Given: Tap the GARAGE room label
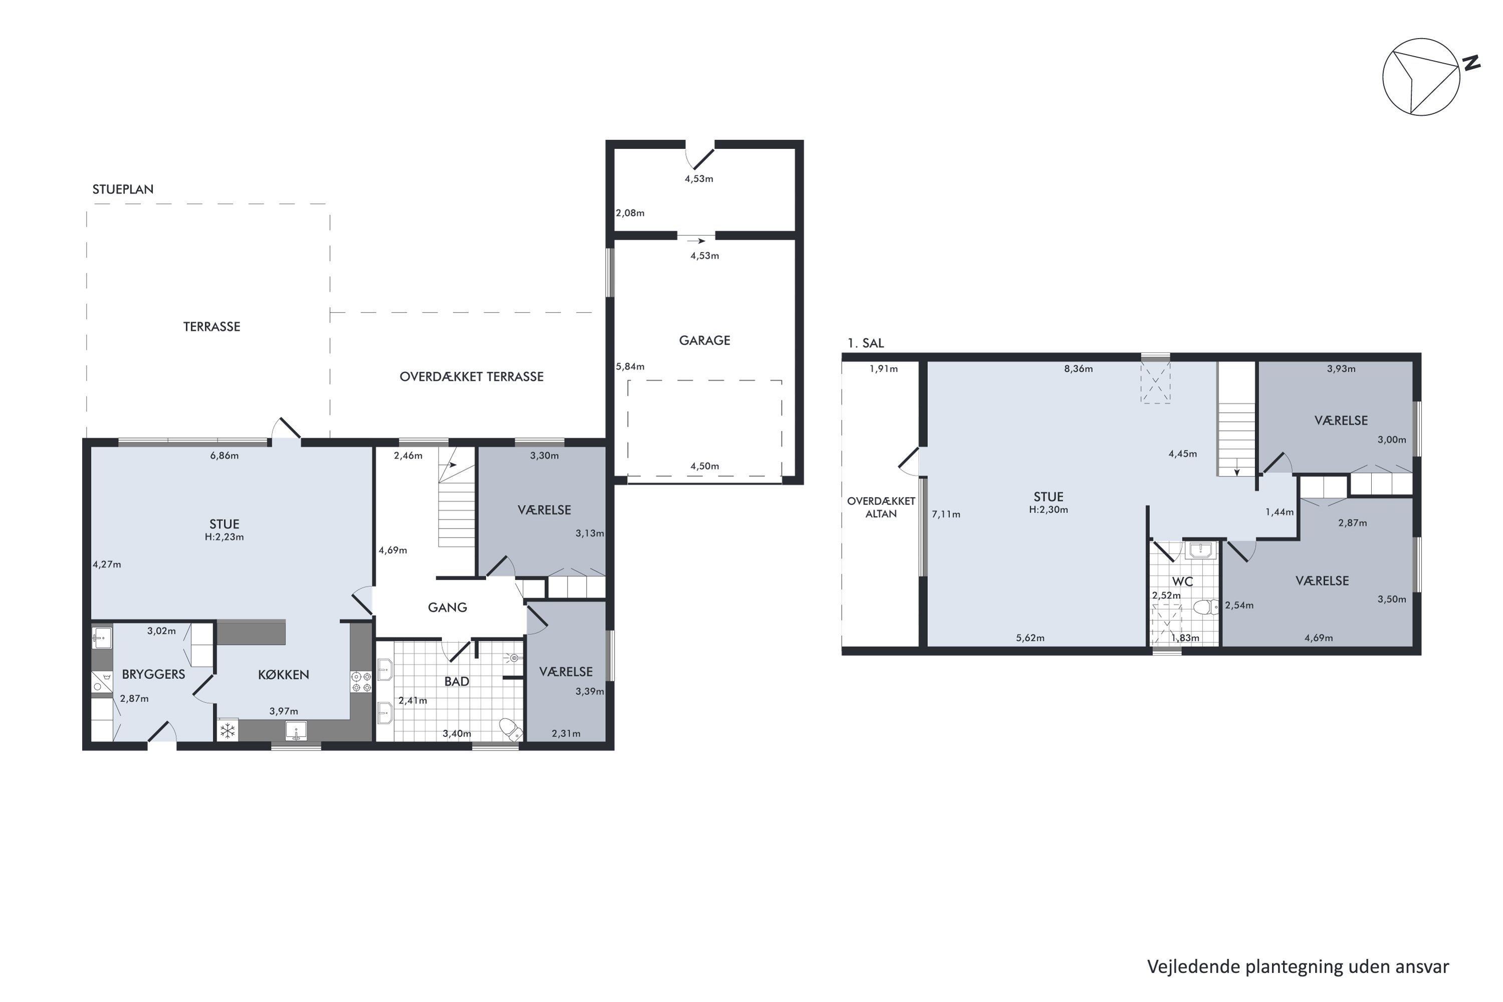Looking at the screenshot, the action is [704, 341].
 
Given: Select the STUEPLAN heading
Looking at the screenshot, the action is [123, 189].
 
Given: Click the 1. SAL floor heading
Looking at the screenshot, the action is [865, 343].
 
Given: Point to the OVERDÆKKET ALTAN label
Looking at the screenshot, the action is [881, 508].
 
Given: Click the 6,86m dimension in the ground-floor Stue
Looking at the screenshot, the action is [224, 455].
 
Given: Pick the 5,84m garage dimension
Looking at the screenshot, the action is [630, 367].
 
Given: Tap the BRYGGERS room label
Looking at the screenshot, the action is [153, 674].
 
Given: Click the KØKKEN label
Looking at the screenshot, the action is [283, 674].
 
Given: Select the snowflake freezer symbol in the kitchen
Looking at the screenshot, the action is [227, 730].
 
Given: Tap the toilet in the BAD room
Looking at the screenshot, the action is [510, 728].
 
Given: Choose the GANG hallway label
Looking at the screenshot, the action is [447, 607].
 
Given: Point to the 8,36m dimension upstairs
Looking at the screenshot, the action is [1078, 369].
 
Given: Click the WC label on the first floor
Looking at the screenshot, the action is [1182, 582].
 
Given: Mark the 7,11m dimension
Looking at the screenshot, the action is [946, 515].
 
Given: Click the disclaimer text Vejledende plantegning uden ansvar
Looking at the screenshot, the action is [1298, 967].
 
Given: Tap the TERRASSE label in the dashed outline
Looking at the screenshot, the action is [211, 327].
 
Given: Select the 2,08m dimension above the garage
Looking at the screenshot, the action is [630, 213].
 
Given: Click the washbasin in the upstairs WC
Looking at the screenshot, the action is [1201, 550].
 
